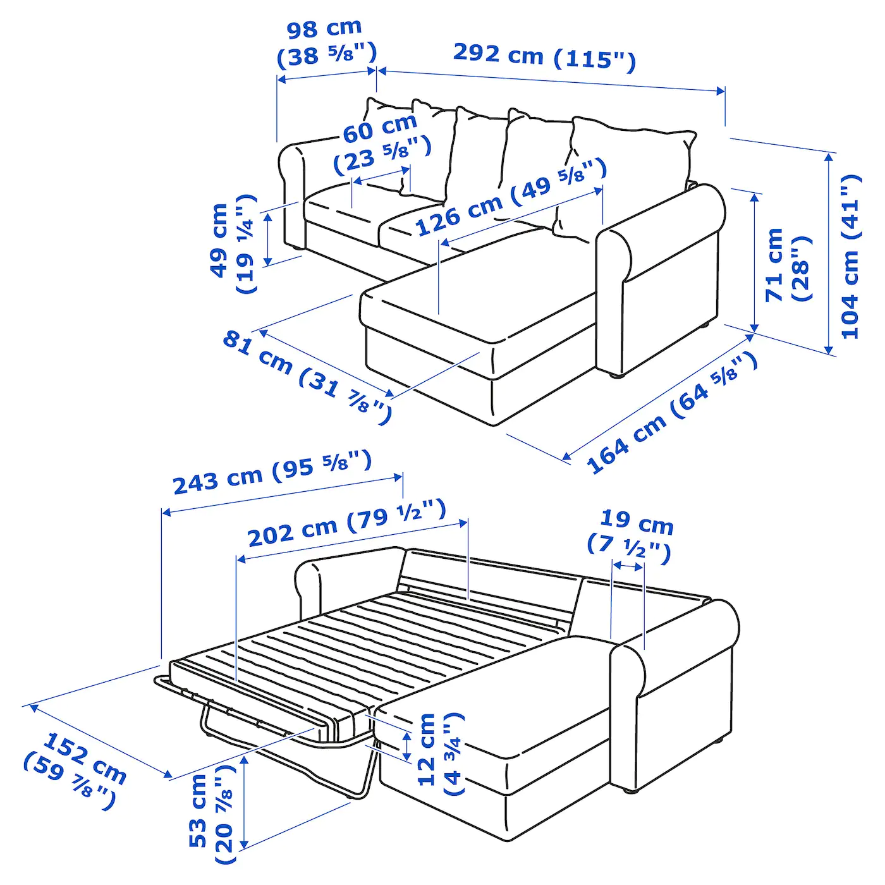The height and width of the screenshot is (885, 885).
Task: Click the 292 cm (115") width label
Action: coord(544,57)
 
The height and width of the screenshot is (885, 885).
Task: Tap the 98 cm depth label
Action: coord(326,43)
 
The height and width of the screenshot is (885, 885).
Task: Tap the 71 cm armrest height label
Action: coord(787,265)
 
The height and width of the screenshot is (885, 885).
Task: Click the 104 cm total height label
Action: coord(851,256)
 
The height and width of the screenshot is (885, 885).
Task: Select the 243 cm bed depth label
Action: coord(272,472)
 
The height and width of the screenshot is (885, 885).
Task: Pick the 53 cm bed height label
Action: coord(211,815)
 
